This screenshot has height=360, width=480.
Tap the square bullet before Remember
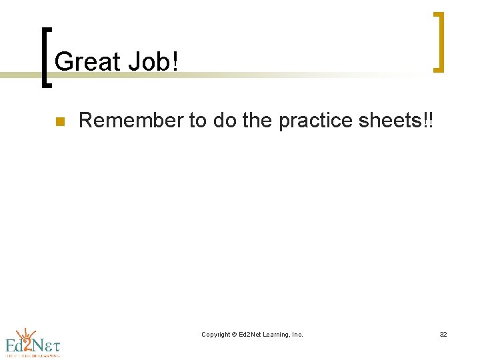pyautogui.click(x=58, y=122)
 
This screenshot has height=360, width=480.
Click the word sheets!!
pyautogui.click(x=396, y=121)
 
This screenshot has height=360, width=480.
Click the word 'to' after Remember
pyautogui.click(x=198, y=121)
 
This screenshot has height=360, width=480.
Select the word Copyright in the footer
pyautogui.click(x=215, y=335)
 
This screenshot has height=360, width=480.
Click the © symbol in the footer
pyautogui.click(x=235, y=335)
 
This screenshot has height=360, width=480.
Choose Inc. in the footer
pyautogui.click(x=297, y=335)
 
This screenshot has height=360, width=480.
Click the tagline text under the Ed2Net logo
pyautogui.click(x=33, y=355)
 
